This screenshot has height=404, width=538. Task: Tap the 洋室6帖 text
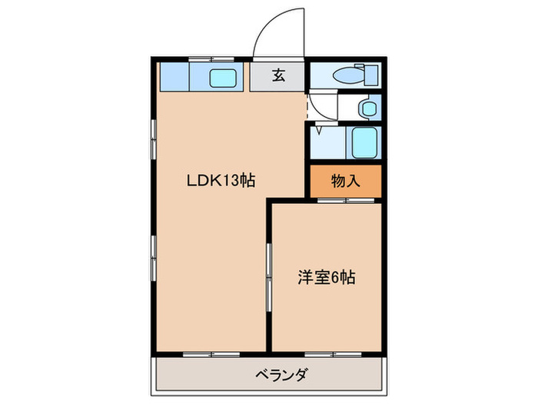[326, 277]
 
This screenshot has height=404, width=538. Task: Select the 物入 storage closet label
[345, 182]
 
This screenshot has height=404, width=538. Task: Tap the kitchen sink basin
[223, 77]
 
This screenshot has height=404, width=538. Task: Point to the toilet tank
[372, 75]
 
